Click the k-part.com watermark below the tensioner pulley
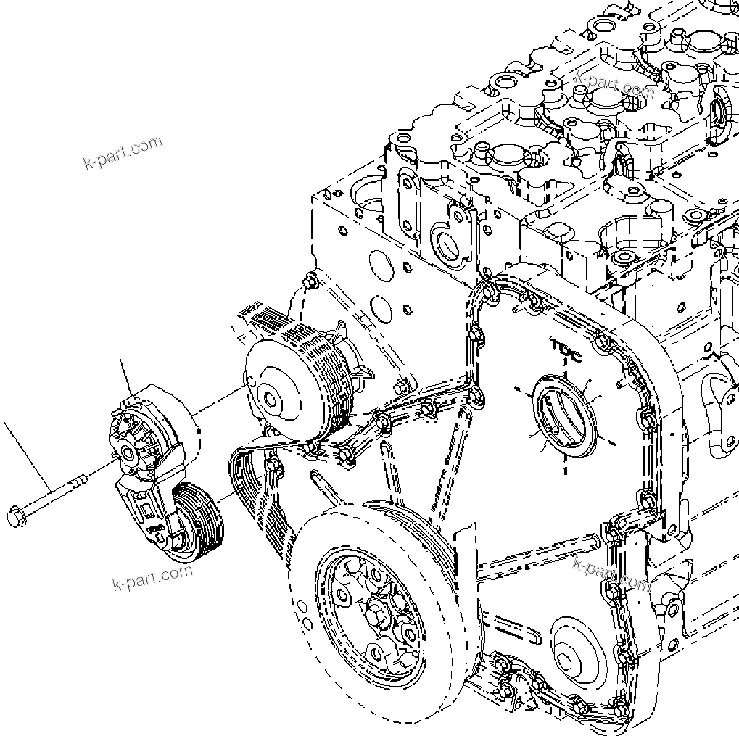153,576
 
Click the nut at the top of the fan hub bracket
310,279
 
